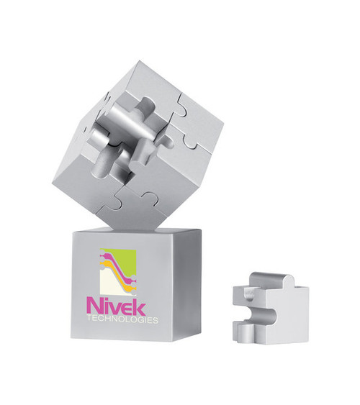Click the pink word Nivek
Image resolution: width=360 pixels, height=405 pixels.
pyautogui.click(x=116, y=305)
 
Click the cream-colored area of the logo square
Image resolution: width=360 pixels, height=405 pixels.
pyautogui.click(x=108, y=284)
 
